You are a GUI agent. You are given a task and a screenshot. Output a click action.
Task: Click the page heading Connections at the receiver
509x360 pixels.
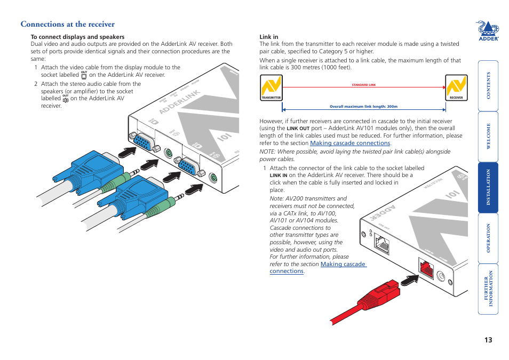tap(67, 24)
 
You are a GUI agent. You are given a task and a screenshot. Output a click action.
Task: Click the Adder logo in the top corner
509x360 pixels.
tap(487, 31)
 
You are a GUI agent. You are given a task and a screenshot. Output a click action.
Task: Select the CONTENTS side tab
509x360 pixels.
tap(488, 85)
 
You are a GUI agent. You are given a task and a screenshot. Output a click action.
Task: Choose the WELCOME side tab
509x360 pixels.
tap(488, 137)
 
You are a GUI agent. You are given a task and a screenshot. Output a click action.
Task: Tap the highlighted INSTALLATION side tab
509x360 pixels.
tap(488, 187)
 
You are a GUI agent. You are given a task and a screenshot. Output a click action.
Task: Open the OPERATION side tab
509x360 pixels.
tap(488, 238)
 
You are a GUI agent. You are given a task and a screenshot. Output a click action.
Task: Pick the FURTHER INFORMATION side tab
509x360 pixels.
tap(488, 289)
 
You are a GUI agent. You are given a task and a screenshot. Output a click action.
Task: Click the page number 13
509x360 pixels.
tap(488, 340)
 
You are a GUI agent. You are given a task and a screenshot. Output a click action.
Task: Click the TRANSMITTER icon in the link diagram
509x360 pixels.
tap(271, 88)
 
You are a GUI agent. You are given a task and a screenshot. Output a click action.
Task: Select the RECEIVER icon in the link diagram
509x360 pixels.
tap(456, 88)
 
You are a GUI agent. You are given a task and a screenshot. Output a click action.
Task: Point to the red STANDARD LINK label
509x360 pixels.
tap(364, 85)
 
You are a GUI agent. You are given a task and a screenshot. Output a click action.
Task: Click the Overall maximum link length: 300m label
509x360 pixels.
tap(363, 106)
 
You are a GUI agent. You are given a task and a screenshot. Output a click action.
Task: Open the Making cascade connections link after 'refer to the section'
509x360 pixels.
tap(350, 143)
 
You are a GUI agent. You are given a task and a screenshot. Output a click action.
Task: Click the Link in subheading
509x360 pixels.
tap(269, 37)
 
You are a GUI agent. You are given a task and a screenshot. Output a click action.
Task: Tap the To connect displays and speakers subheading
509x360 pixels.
tap(77, 37)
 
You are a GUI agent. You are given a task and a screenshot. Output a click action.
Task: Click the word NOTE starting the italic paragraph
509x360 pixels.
tap(268, 151)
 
